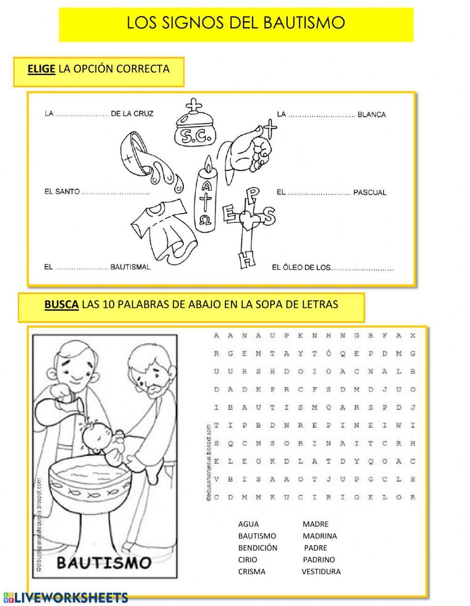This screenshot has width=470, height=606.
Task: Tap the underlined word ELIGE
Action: click(x=41, y=69)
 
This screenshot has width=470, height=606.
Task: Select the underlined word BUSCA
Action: click(x=61, y=304)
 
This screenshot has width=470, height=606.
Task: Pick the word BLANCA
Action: click(x=371, y=115)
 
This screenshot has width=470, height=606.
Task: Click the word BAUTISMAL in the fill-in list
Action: click(x=130, y=267)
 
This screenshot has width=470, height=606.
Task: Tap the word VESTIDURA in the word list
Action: click(x=321, y=571)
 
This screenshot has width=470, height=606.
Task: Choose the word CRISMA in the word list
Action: click(x=251, y=571)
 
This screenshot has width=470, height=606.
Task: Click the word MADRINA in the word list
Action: click(x=320, y=536)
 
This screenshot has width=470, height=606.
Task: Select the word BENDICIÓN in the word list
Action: click(x=258, y=547)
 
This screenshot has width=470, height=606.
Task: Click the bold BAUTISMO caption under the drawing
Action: click(x=104, y=562)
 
